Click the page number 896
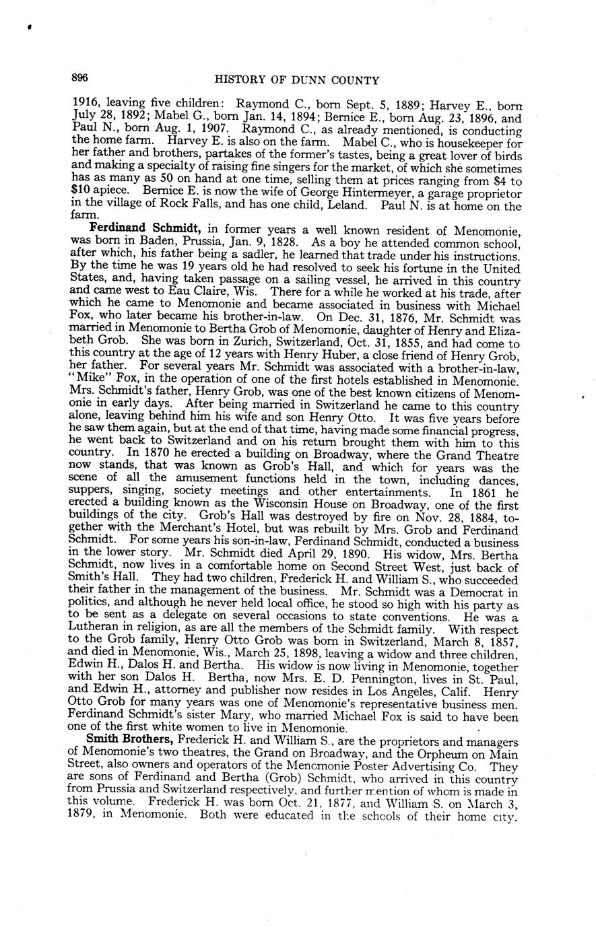pyautogui.click(x=80, y=79)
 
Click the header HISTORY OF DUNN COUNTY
pyautogui.click(x=296, y=80)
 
